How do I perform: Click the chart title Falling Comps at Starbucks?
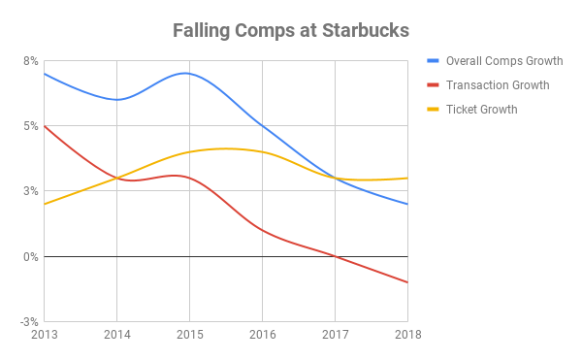(290, 29)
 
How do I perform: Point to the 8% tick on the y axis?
(31, 61)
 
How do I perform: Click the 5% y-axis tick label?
(31, 126)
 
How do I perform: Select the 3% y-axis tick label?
(31, 191)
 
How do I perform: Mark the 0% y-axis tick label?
(31, 257)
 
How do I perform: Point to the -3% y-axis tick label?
(29, 322)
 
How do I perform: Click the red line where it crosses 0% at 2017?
(335, 256)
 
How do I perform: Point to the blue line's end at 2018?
(407, 204)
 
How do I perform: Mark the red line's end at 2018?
(407, 282)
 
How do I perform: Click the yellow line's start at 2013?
(45, 204)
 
